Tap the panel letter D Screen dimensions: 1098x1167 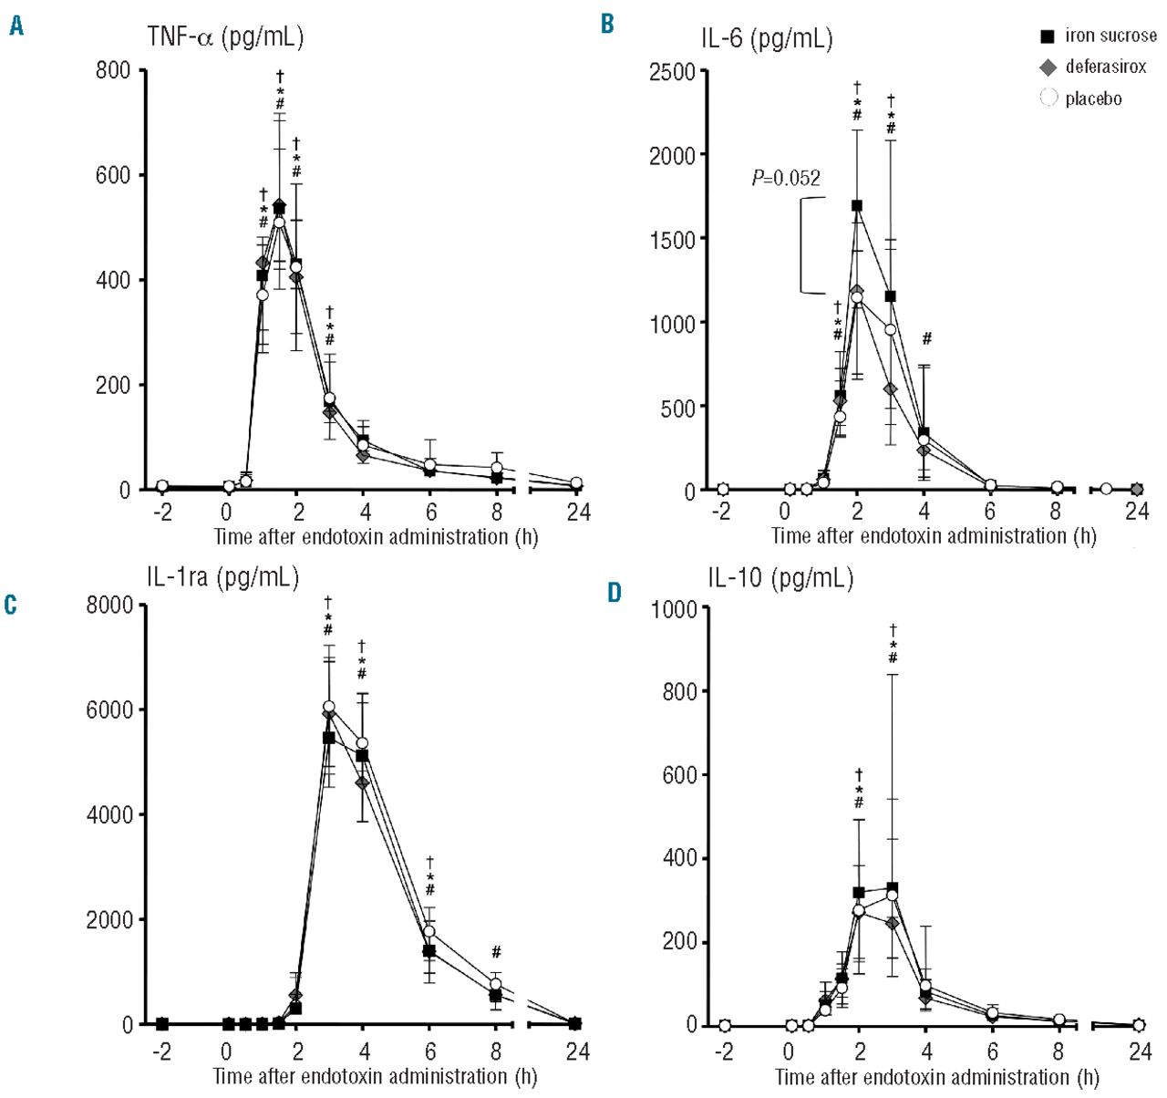click(x=614, y=593)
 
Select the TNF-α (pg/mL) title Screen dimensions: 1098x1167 click(x=225, y=36)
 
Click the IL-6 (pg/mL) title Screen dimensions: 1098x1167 click(x=766, y=38)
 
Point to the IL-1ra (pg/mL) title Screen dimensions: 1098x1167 click(x=222, y=577)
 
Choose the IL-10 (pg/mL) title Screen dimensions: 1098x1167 click(x=780, y=578)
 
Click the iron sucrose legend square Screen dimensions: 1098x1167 click(x=1048, y=36)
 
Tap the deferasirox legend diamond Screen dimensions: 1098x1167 click(x=1048, y=67)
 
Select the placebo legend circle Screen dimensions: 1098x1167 click(x=1048, y=98)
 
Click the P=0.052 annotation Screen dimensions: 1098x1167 click(x=786, y=179)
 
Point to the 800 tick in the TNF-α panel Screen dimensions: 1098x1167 click(x=113, y=71)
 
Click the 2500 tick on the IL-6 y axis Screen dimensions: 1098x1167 click(x=672, y=72)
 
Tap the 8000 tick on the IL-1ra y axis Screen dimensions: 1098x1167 click(x=109, y=606)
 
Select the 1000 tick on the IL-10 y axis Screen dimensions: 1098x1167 click(x=674, y=608)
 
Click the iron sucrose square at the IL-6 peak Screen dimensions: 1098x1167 click(x=857, y=205)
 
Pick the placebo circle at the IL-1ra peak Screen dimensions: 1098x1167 click(x=328, y=707)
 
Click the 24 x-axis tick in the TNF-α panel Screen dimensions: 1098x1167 click(x=578, y=513)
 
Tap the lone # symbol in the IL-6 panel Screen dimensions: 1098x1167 click(x=926, y=339)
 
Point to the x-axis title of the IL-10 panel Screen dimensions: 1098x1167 click(x=936, y=1077)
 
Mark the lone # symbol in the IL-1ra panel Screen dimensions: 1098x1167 click(x=496, y=953)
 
